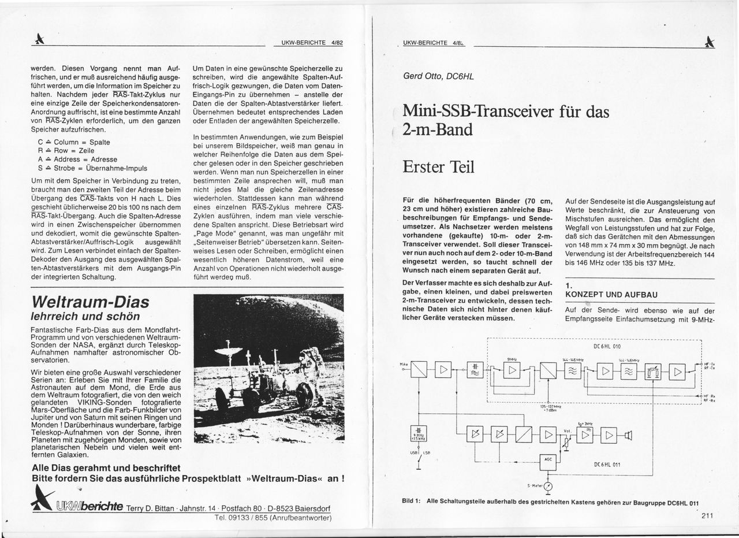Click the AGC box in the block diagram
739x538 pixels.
pyautogui.click(x=548, y=460)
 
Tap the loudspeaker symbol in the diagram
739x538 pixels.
pyautogui.click(x=628, y=435)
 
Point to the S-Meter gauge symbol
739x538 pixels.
pyautogui.click(x=548, y=486)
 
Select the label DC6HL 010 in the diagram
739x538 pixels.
pyautogui.click(x=607, y=347)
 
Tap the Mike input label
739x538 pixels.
pyautogui.click(x=404, y=364)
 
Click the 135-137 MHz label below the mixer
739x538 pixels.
pyautogui.click(x=550, y=407)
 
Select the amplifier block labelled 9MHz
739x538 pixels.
pyautogui.click(x=512, y=370)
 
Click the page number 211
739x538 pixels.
pyautogui.click(x=708, y=517)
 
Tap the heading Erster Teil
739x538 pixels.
pyautogui.click(x=438, y=167)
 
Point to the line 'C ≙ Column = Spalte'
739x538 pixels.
pyautogui.click(x=74, y=142)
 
